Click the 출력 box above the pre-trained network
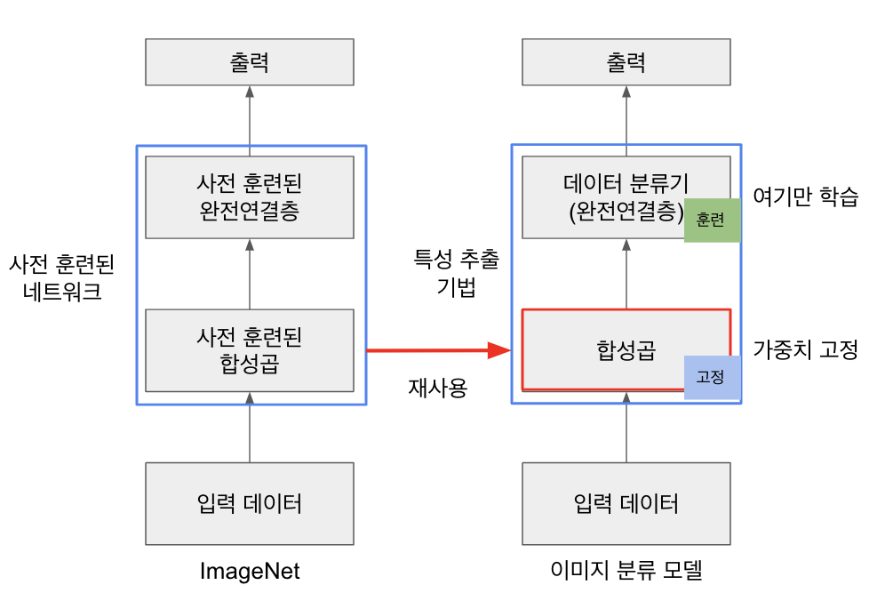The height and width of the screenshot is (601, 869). [250, 63]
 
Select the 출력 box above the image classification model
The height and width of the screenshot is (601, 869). [626, 63]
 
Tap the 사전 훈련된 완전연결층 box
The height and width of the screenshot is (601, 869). [250, 196]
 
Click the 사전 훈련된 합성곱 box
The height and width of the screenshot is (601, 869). [250, 349]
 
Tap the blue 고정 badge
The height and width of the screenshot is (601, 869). [712, 376]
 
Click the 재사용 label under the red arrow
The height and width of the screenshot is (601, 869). [437, 388]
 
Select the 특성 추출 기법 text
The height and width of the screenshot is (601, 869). [456, 273]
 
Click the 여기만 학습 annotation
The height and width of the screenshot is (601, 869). [805, 197]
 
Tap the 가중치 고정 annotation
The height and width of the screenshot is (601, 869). [805, 350]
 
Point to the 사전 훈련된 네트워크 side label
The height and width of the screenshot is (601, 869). [62, 277]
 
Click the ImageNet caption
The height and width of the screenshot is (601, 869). [250, 572]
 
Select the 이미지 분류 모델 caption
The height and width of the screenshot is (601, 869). [626, 572]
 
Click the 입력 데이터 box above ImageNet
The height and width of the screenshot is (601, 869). [250, 503]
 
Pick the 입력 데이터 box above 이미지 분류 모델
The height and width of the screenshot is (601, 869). [626, 503]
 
